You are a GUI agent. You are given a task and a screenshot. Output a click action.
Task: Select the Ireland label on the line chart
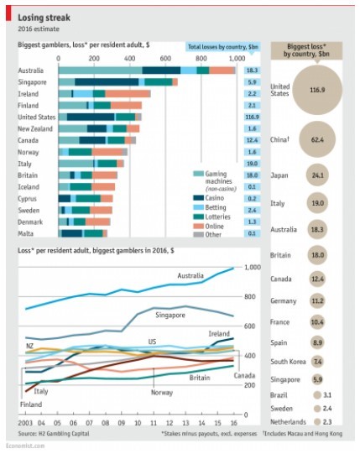coord(219,332)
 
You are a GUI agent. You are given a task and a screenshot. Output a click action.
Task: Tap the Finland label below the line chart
coord(30,404)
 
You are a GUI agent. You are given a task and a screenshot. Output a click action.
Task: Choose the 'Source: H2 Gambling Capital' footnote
coord(51,434)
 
